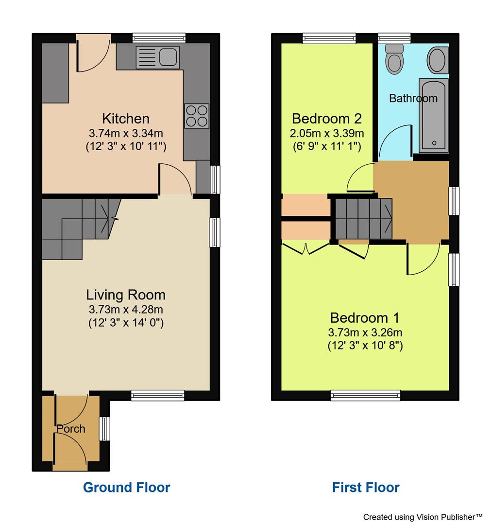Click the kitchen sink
click(157, 55)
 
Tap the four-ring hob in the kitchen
click(196, 116)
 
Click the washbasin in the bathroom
click(437, 60)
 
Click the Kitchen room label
click(126, 118)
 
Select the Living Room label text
click(126, 295)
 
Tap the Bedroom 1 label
click(364, 318)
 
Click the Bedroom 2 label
click(326, 118)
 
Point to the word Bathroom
click(413, 98)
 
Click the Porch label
click(71, 429)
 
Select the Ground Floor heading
click(126, 487)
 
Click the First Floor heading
click(366, 487)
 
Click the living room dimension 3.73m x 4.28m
click(126, 309)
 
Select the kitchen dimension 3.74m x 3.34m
click(126, 133)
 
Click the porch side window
click(104, 429)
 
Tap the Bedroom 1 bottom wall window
click(366, 395)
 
